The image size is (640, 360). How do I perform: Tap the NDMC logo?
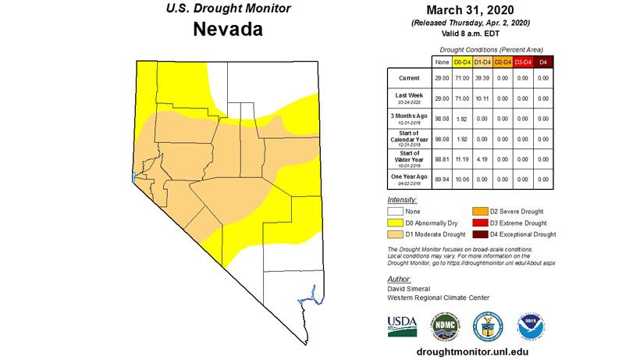click(x=444, y=324)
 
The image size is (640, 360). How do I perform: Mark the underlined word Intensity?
click(x=404, y=200)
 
